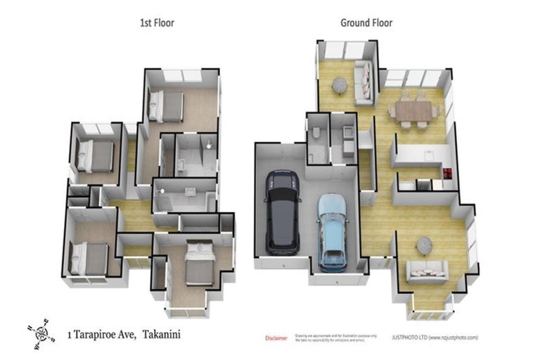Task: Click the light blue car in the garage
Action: [332, 232]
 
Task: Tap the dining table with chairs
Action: [413, 110]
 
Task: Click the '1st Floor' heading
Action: [156, 23]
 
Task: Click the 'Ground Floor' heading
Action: [366, 23]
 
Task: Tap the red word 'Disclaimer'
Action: [276, 338]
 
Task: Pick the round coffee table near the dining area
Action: [340, 85]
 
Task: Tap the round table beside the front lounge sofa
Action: [424, 245]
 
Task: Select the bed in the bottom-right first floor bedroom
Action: [200, 263]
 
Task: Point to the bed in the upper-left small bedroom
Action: [96, 155]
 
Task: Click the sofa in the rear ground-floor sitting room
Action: [364, 82]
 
